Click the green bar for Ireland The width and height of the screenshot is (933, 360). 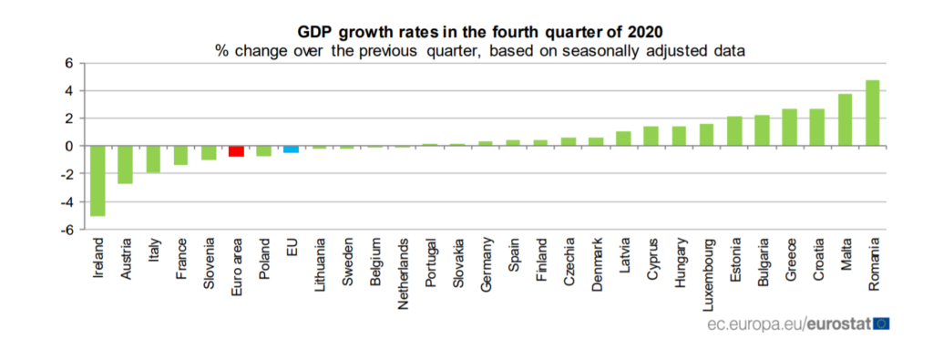coord(98,180)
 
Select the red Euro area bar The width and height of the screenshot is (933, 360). coord(237,151)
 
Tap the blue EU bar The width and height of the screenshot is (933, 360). coord(291,149)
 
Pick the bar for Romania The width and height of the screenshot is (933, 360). coord(872,113)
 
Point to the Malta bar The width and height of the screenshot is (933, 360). coord(845,119)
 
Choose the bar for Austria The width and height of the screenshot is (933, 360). coord(126,165)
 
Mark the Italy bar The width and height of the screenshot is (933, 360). coord(153,159)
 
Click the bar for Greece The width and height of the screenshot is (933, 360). coord(790,128)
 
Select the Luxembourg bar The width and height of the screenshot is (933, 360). coord(706,135)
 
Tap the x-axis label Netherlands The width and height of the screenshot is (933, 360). coord(403,266)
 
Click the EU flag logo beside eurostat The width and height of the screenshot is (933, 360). coord(881,324)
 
